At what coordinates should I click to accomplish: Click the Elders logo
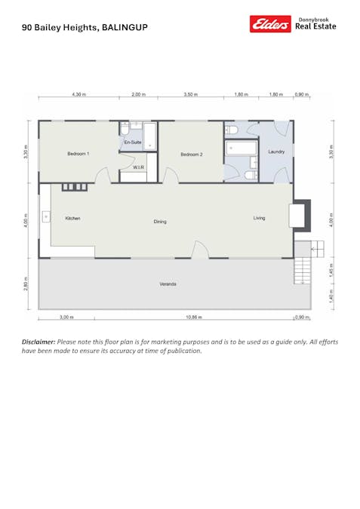point(270,24)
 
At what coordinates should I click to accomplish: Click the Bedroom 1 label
point(78,154)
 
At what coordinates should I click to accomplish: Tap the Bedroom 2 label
point(192,154)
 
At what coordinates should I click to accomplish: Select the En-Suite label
point(133,142)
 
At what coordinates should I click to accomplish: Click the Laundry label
point(275,152)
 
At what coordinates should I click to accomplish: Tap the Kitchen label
point(72,218)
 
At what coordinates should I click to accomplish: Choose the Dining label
point(160,222)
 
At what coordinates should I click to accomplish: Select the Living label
point(259,218)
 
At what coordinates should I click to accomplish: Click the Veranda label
point(168,284)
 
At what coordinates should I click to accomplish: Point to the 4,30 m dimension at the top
point(78,95)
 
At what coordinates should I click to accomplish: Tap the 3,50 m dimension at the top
point(191,95)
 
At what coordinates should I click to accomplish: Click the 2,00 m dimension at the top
point(138,95)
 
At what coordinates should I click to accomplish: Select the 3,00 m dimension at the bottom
point(66,317)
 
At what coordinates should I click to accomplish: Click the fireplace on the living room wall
point(301,214)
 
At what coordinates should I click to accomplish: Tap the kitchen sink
point(46,217)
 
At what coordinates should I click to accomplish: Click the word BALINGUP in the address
point(125,27)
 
